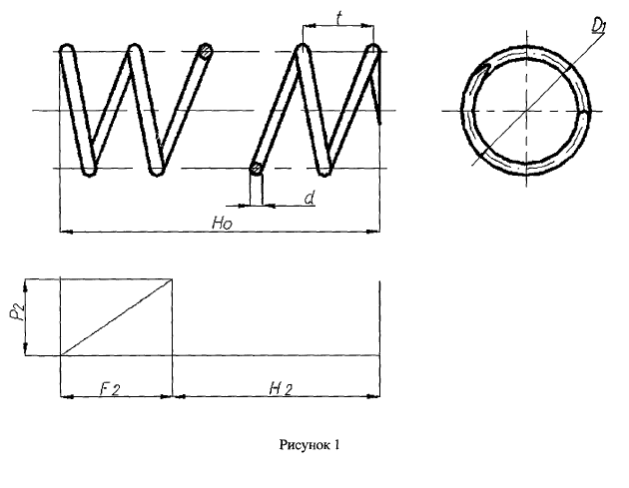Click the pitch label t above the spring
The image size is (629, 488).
[x=339, y=18]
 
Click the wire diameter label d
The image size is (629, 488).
[x=310, y=198]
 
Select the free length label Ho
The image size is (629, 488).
[x=222, y=223]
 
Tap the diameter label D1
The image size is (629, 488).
[x=598, y=25]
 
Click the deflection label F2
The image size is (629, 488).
[x=109, y=388]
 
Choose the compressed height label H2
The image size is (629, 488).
[x=281, y=388]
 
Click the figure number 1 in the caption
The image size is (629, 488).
[x=336, y=444]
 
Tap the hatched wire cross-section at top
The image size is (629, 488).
[x=207, y=51]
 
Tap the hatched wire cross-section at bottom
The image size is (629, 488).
[x=256, y=168]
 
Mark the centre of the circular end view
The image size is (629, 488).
[x=526, y=111]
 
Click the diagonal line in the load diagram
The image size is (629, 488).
[x=117, y=317]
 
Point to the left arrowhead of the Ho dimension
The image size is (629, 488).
[x=66, y=232]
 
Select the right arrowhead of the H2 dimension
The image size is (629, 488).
[x=373, y=396]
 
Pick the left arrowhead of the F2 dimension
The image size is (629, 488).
[x=67, y=396]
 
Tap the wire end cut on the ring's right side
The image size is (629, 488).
[x=585, y=115]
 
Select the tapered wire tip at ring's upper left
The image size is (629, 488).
[x=484, y=69]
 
